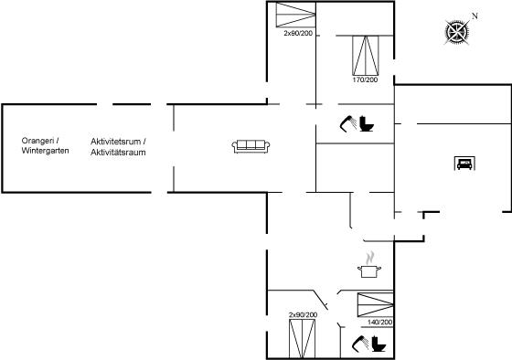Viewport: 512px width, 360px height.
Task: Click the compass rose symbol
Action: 457,32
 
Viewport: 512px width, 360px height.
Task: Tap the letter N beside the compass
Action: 475,16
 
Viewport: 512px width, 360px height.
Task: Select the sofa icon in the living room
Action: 251,146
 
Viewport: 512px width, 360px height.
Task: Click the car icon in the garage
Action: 464,164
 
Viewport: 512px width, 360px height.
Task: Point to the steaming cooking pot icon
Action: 369,265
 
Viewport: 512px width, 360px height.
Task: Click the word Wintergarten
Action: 45,151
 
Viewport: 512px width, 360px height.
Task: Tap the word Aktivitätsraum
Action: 118,152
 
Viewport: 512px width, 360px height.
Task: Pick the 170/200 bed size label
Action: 365,79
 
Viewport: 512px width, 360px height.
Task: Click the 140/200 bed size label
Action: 379,323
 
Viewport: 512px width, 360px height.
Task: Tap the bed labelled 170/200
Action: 366,56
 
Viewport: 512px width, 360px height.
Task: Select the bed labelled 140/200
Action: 375,305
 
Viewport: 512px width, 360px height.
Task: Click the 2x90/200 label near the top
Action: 298,33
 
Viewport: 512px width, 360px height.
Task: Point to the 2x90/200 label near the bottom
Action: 303,315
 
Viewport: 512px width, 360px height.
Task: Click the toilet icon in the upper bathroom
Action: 367,123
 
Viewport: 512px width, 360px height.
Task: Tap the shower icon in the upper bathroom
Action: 348,123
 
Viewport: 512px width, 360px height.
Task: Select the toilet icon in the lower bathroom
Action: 379,344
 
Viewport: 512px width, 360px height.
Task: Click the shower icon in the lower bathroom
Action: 360,344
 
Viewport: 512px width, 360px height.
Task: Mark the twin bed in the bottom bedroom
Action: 302,339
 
